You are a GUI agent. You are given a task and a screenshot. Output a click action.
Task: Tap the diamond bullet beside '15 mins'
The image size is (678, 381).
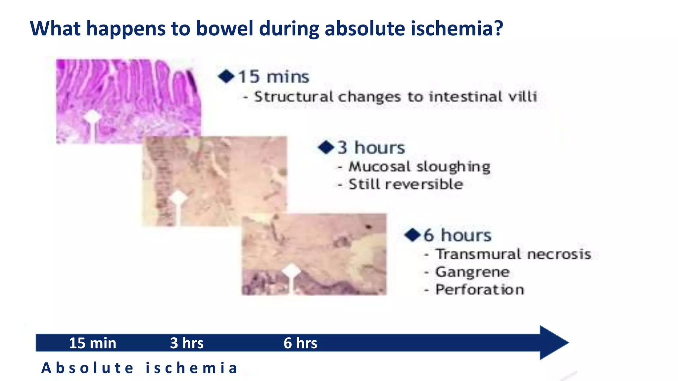(x=226, y=76)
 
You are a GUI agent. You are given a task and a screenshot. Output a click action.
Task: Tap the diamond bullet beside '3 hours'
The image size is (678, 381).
(x=326, y=147)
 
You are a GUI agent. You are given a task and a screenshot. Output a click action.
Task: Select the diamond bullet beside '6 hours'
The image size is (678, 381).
(x=412, y=235)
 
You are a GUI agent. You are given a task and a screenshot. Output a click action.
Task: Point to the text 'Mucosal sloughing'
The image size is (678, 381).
(x=419, y=166)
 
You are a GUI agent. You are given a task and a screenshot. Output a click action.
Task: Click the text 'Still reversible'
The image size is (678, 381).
(x=406, y=184)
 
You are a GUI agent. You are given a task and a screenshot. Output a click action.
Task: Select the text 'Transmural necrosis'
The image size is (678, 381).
(x=513, y=254)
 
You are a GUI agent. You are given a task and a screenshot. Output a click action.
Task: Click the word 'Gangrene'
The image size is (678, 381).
(x=472, y=272)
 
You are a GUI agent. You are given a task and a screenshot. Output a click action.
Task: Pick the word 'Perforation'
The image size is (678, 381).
(x=479, y=290)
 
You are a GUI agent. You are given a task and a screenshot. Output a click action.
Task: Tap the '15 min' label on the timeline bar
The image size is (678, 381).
(x=92, y=343)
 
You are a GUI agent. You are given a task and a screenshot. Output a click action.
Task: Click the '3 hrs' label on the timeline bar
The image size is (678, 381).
(x=187, y=343)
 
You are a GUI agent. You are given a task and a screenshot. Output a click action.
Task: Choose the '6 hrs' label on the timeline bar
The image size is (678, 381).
(x=300, y=343)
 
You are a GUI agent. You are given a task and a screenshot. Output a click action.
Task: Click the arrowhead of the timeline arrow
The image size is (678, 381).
(x=553, y=343)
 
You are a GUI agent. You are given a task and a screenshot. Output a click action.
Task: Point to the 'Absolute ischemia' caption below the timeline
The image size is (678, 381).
(x=139, y=368)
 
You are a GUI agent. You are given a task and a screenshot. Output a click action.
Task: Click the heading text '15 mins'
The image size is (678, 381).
(x=273, y=77)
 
